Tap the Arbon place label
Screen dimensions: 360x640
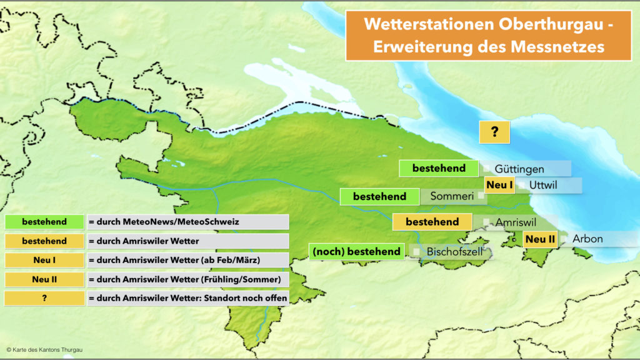click(587, 239)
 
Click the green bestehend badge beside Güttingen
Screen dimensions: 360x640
click(439, 168)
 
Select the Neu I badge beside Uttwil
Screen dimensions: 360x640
click(499, 185)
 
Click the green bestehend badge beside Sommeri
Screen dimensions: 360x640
click(379, 196)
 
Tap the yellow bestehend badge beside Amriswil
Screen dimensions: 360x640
click(432, 222)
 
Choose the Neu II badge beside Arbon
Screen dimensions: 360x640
click(540, 239)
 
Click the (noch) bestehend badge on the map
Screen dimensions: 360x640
click(356, 251)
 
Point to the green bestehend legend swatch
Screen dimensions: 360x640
click(44, 222)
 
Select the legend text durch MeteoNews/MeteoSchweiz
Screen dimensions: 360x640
click(187, 222)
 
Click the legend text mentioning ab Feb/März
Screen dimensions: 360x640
click(187, 260)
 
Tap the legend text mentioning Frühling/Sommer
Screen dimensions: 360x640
click(187, 279)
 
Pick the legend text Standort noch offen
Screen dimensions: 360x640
click(187, 298)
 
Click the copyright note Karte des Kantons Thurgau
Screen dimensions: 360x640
click(44, 350)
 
